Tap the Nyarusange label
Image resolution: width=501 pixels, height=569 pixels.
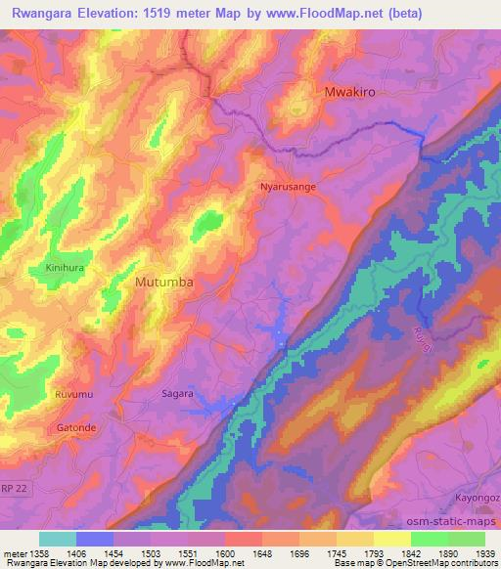point(288,185)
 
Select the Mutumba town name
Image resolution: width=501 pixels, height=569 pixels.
point(163,282)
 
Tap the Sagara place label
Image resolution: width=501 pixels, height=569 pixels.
point(177,394)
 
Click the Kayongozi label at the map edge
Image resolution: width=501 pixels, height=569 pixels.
point(478,498)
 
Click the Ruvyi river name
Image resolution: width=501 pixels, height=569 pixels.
point(424,342)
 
